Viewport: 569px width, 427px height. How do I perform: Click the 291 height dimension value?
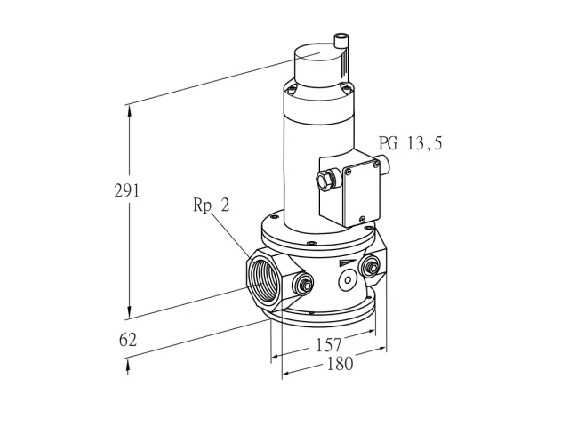[126, 190]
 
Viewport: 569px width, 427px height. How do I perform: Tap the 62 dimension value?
[128, 340]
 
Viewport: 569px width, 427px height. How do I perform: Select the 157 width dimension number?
[329, 345]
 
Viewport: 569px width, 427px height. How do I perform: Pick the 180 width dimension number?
[340, 364]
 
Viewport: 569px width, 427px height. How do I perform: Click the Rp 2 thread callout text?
[212, 205]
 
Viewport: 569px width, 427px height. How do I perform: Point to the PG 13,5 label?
[411, 143]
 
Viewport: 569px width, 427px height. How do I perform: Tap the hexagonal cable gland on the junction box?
[324, 179]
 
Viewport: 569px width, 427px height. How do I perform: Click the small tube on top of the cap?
[341, 41]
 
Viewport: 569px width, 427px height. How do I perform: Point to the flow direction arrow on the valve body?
[346, 263]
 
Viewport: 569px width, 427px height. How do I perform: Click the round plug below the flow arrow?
[348, 280]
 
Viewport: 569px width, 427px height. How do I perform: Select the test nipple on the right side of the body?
[369, 267]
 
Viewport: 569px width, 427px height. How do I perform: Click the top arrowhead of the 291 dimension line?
[128, 110]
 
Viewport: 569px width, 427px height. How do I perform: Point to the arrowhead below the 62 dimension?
[128, 364]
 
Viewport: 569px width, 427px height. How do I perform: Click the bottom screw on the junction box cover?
[362, 219]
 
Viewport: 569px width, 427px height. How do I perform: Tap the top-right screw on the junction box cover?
[376, 165]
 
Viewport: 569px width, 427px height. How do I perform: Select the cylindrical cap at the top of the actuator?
[318, 66]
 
